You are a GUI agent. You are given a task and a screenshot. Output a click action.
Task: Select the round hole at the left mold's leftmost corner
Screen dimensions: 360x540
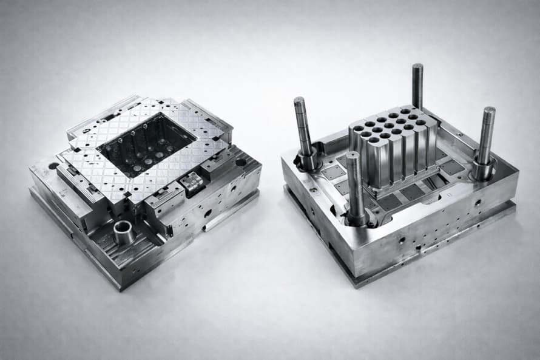(x=54, y=166)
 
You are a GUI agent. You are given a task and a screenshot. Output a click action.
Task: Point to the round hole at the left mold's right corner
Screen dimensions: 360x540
(x=241, y=162)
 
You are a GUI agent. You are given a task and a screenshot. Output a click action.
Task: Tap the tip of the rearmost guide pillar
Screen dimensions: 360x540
(x=417, y=67)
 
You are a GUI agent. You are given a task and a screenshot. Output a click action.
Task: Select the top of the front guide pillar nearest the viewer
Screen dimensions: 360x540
(x=353, y=155)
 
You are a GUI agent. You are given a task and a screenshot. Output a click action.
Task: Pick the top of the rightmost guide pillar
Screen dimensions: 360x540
(x=489, y=111)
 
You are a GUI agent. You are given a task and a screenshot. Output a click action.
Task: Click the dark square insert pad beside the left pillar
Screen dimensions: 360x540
(x=333, y=172)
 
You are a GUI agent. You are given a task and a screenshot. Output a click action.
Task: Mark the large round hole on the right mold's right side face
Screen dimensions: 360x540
(x=477, y=202)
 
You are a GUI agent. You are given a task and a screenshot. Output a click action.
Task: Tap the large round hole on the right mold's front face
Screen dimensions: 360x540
(x=401, y=240)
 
